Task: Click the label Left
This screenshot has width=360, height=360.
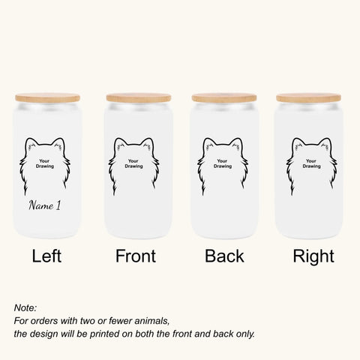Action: point(46,257)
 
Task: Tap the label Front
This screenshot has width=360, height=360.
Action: point(135,257)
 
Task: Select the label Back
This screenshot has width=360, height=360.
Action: point(224,257)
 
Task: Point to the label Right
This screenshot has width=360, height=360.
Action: point(313,257)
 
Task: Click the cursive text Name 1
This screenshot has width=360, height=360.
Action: point(46,205)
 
